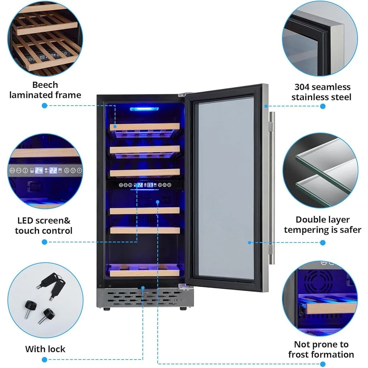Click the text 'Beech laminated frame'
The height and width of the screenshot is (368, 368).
click(x=45, y=90)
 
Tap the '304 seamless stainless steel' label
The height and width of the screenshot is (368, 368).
click(x=322, y=92)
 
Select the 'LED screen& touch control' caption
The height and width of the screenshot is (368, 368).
click(x=44, y=226)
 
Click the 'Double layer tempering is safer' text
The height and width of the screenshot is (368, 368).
click(x=322, y=225)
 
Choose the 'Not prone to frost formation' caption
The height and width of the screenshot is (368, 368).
click(x=321, y=350)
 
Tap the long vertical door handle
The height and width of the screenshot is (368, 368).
click(x=272, y=188)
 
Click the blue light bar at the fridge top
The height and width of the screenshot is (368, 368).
click(x=144, y=109)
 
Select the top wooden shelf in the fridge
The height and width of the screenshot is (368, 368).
click(x=145, y=127)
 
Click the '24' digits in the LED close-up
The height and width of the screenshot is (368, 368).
click(x=39, y=170)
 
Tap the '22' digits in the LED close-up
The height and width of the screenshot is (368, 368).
click(x=54, y=170)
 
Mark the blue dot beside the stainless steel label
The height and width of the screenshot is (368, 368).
click(x=323, y=106)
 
